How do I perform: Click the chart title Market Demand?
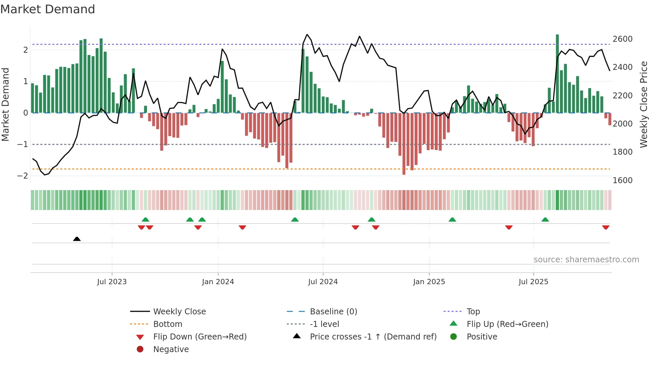click(x=48, y=9)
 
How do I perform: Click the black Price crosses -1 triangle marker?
click(x=77, y=239)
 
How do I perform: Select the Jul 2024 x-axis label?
click(x=323, y=282)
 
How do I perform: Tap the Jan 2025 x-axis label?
click(x=429, y=282)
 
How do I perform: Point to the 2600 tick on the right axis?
click(x=623, y=39)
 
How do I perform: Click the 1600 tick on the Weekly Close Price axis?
click(x=623, y=181)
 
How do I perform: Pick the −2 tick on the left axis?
click(x=23, y=176)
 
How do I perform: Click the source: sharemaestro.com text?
click(x=586, y=260)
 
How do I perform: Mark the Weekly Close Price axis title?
click(x=643, y=104)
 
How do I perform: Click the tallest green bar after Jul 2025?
click(x=557, y=73)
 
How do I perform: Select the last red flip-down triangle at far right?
click(x=606, y=228)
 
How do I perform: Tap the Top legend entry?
click(x=473, y=312)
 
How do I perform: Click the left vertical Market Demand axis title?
click(x=6, y=104)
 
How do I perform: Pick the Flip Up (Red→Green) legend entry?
click(x=507, y=324)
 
